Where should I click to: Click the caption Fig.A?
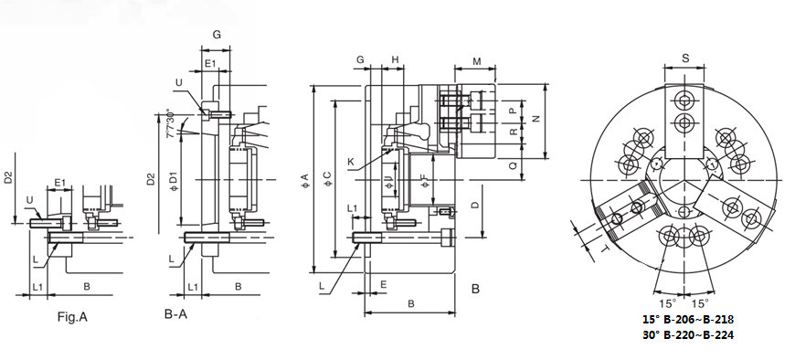point(72,317)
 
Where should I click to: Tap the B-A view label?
point(175,314)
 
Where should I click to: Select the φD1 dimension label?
point(173,181)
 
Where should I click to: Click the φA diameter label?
point(304,179)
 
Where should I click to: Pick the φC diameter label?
point(327,178)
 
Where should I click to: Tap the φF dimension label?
point(425,181)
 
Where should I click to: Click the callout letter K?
point(351,162)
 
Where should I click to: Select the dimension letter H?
point(395,59)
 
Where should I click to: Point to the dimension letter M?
point(477,62)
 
